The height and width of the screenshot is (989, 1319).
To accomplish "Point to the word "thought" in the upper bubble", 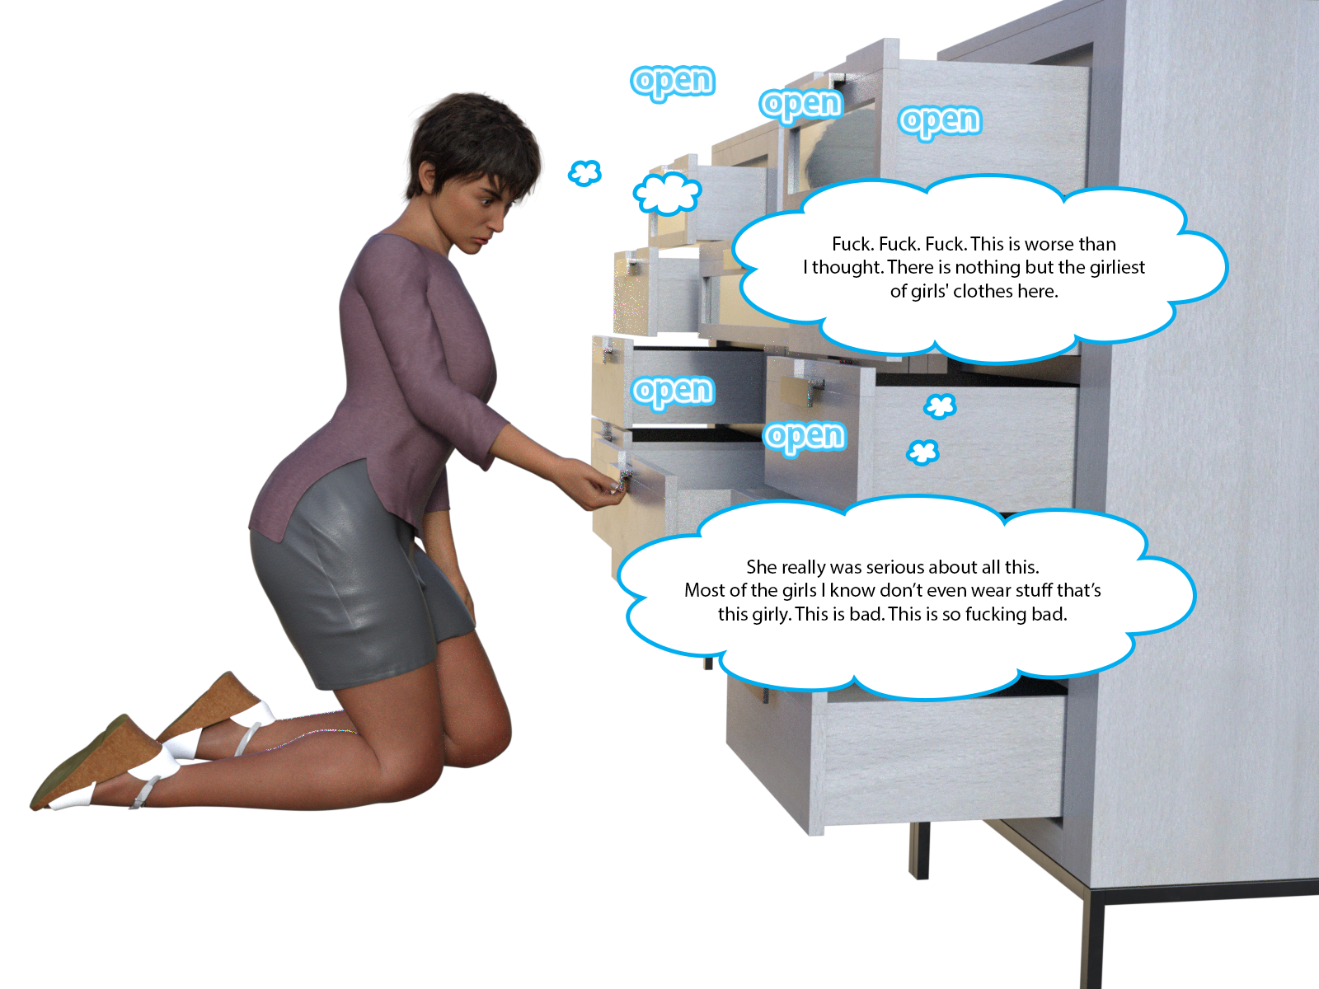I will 847,267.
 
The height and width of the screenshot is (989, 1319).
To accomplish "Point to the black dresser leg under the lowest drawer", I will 920,849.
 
